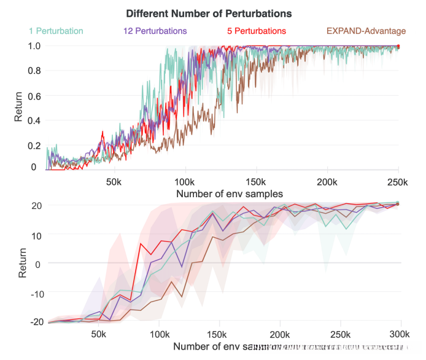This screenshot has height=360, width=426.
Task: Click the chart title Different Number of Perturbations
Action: click(x=208, y=13)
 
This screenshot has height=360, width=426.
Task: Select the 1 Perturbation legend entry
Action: click(x=56, y=30)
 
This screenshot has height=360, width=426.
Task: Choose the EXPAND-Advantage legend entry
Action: click(x=366, y=30)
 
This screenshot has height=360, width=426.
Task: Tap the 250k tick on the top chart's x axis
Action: click(x=397, y=182)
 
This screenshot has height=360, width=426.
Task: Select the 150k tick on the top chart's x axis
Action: click(x=255, y=182)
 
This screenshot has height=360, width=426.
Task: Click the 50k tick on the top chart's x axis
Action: click(x=114, y=182)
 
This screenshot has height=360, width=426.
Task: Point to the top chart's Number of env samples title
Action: click(x=229, y=194)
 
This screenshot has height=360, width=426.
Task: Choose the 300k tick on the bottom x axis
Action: click(x=400, y=334)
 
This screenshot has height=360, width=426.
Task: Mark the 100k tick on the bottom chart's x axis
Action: click(x=160, y=334)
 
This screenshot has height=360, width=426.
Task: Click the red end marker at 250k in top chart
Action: click(x=399, y=47)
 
